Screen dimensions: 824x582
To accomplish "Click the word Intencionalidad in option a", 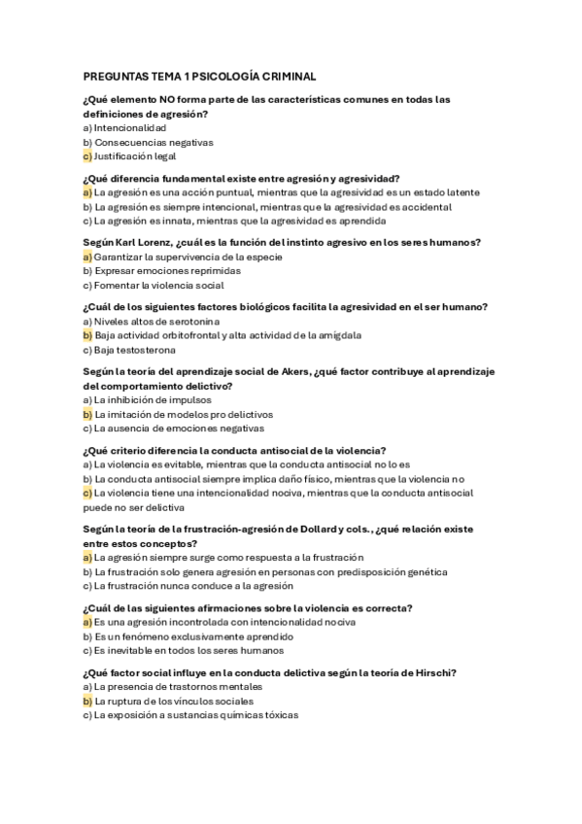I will (130, 127).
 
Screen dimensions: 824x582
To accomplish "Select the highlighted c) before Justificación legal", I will (86, 155).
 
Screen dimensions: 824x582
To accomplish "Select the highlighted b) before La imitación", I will (86, 413).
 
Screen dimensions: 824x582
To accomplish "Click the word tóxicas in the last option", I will (279, 714).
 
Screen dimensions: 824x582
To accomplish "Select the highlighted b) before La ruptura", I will (86, 701).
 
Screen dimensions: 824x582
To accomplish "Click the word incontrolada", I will (183, 622).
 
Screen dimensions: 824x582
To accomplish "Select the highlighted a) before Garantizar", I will (86, 257).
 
